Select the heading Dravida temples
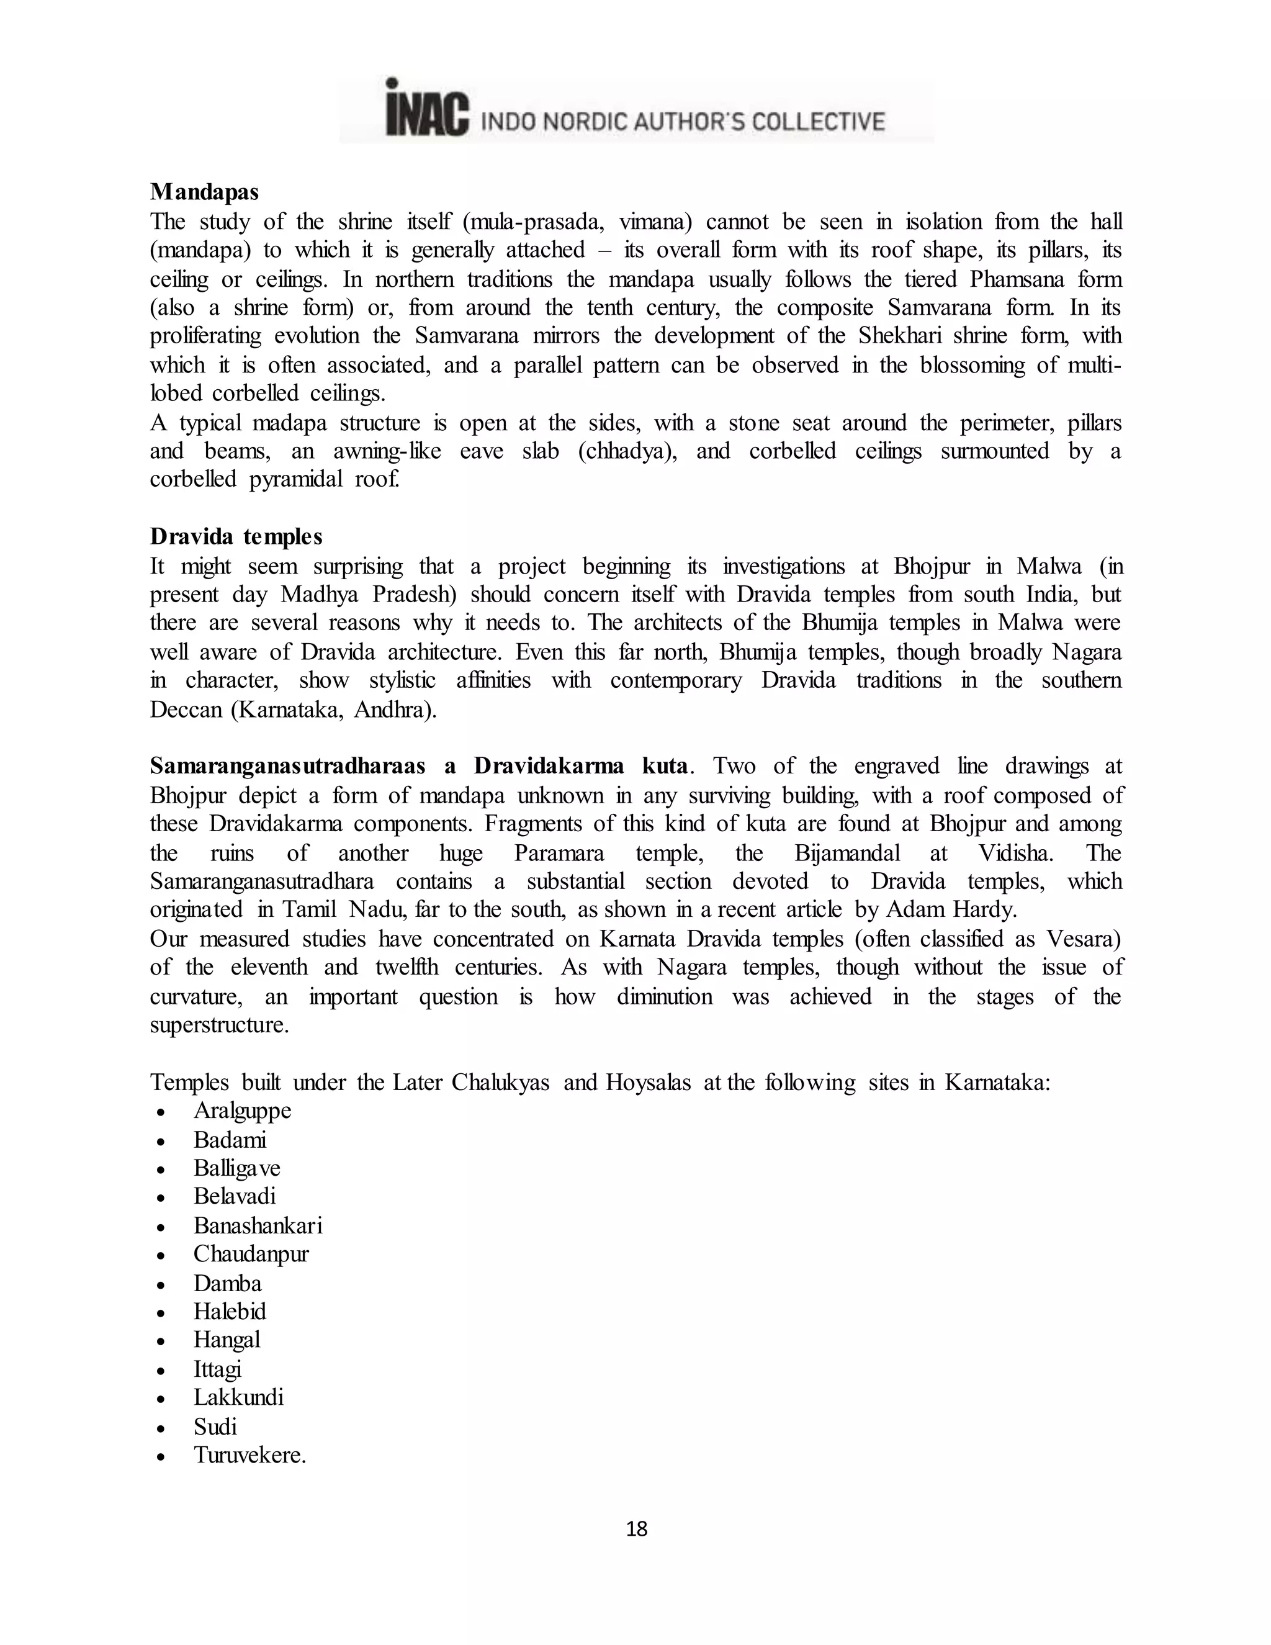point(236,536)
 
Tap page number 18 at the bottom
point(636,1529)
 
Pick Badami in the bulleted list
point(230,1140)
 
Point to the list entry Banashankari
point(258,1225)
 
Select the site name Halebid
point(230,1311)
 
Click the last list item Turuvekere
point(249,1454)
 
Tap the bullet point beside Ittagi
point(160,1370)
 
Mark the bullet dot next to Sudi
point(160,1427)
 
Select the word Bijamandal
point(847,853)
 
